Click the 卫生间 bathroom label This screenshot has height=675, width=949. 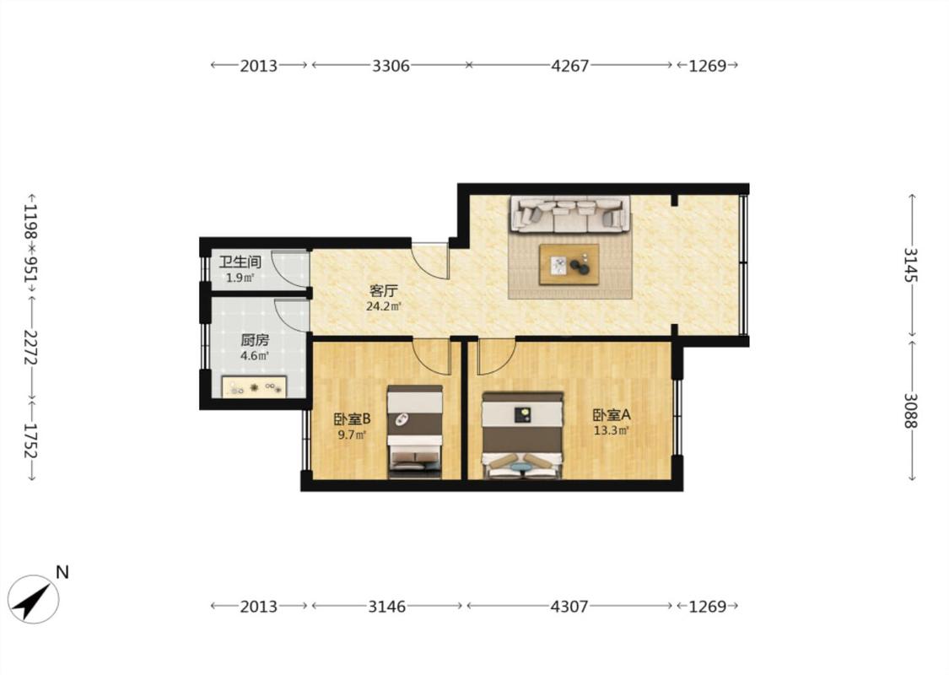240,262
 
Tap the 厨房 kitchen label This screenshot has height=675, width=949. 255,340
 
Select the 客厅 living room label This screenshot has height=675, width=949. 384,290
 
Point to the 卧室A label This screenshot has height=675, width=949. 612,415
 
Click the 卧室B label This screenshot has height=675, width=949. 353,419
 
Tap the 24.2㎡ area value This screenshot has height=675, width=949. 384,307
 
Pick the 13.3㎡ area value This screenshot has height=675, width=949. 612,431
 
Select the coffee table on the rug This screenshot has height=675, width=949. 569,264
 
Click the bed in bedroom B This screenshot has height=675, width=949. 415,432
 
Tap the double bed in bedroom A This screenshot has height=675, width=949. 523,435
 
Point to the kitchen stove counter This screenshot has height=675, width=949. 254,386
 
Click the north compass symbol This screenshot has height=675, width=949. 34,599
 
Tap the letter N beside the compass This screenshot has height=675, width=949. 62,572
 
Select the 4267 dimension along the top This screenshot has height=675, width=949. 569,65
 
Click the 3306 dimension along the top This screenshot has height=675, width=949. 391,65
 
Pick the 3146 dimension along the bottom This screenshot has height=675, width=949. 387,606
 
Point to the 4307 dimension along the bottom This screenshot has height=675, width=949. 569,606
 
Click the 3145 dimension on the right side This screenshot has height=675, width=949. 911,265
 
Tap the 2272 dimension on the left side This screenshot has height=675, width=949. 31,347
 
